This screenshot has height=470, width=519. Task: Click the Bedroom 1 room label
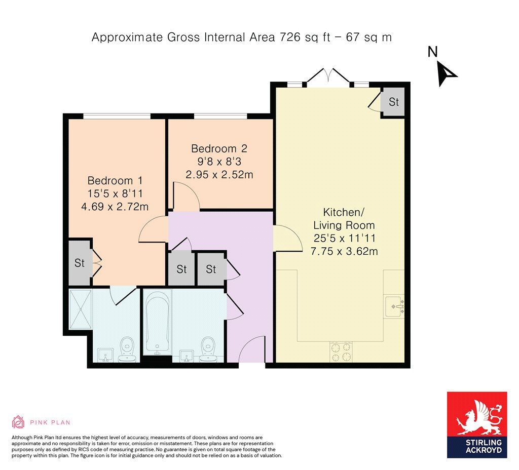click(115, 181)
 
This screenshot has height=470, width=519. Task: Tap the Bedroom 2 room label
click(219, 149)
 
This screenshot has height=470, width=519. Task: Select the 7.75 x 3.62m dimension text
click(344, 251)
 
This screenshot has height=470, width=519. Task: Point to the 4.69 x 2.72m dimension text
click(115, 206)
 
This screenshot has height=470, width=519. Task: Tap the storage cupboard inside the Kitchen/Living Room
click(393, 102)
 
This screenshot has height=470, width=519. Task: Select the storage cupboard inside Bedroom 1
click(80, 263)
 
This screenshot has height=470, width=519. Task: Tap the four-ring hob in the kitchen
click(341, 351)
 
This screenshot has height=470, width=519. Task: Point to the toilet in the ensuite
click(127, 350)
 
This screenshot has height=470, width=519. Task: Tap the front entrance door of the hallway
click(251, 351)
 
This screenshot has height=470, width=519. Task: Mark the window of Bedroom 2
click(220, 116)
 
